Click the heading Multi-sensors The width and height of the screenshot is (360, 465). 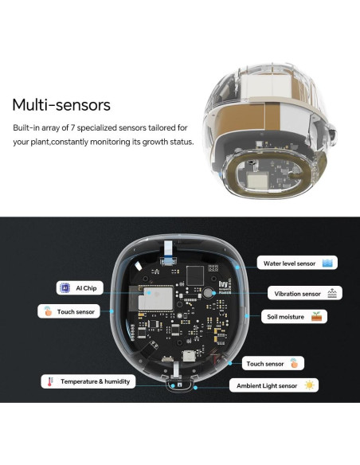(61, 104)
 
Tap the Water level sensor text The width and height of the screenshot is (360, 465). (289, 263)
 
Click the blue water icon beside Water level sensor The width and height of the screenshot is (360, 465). (328, 263)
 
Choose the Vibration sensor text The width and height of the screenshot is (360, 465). (297, 294)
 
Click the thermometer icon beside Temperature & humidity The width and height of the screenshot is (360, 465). (50, 381)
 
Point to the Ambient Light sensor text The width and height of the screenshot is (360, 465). (265, 385)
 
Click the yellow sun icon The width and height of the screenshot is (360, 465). (308, 385)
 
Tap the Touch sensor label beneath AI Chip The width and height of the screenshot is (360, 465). (76, 312)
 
